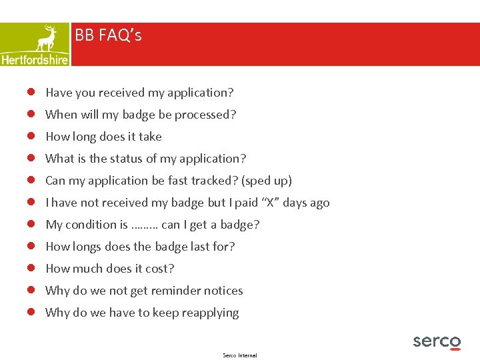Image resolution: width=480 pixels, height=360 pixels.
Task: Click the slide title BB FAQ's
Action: [x=108, y=35]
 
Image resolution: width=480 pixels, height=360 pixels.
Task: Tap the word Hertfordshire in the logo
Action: [x=35, y=59]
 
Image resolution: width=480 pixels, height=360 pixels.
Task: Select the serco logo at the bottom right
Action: [x=437, y=342]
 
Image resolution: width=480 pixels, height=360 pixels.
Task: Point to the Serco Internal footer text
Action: [x=239, y=355]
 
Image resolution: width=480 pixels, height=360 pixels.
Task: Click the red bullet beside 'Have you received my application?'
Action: [x=31, y=93]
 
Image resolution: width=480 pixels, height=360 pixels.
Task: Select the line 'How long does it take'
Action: [x=103, y=137]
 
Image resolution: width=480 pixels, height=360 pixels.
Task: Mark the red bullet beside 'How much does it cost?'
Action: [x=31, y=269]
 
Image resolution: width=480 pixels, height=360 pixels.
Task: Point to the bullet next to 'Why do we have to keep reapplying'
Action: [x=31, y=313]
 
